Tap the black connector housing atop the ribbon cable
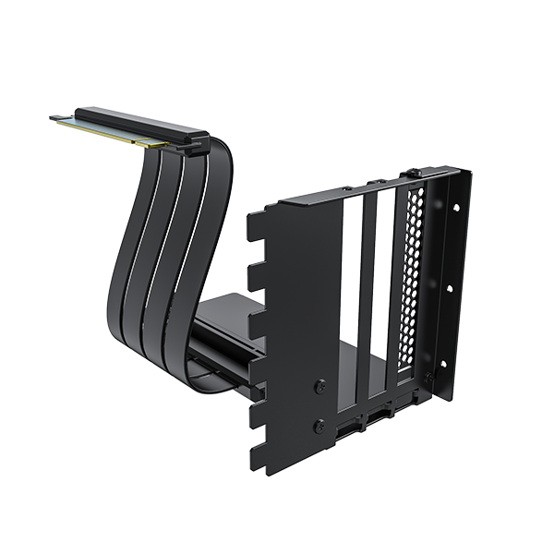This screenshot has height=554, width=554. click(x=138, y=123)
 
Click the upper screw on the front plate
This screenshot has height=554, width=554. click(x=319, y=387)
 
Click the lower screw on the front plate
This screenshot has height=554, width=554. click(x=319, y=427)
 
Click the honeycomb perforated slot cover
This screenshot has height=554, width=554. click(x=410, y=277)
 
